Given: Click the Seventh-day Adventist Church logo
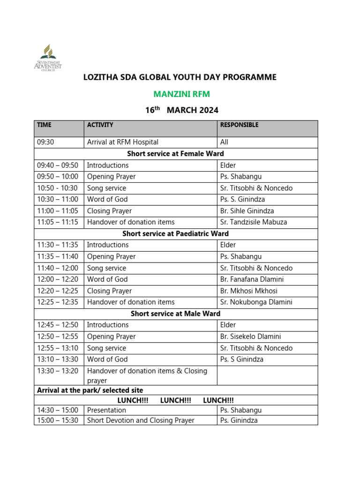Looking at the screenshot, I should click(x=47, y=58).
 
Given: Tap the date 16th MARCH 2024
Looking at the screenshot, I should click(x=181, y=111).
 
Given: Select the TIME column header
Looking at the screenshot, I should click(x=44, y=125).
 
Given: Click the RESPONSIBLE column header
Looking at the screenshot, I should click(x=239, y=125).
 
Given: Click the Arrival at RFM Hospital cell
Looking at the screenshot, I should click(x=123, y=142).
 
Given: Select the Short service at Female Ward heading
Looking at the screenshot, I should click(x=175, y=154).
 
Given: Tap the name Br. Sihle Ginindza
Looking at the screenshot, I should click(x=247, y=211).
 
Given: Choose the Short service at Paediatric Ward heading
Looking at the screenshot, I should click(x=175, y=233).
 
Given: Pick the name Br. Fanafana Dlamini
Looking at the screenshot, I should click(x=252, y=279).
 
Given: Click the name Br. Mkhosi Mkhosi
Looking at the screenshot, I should click(x=248, y=291).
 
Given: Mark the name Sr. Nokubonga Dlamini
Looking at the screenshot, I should click(x=256, y=302).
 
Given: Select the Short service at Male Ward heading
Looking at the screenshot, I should click(x=175, y=314).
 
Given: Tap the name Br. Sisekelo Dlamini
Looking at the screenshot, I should click(x=250, y=337).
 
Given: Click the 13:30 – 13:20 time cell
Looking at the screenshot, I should click(x=57, y=371).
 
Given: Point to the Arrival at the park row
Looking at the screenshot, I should click(x=90, y=390).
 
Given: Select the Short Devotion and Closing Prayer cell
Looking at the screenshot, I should click(x=141, y=420).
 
